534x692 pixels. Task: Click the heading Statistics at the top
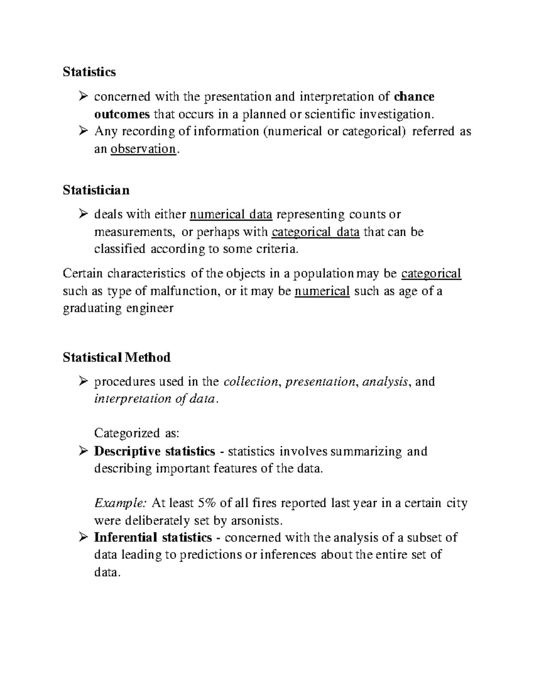click(x=89, y=72)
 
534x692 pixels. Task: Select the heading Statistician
click(x=96, y=190)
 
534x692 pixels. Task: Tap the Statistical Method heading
click(x=117, y=357)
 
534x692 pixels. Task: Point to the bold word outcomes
click(x=122, y=114)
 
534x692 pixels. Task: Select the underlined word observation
click(x=143, y=149)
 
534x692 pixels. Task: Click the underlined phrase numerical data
click(x=231, y=215)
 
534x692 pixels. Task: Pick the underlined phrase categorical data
click(x=315, y=232)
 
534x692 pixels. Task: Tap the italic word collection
click(x=251, y=382)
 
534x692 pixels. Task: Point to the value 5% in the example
click(x=207, y=504)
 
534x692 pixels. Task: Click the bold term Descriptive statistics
click(x=154, y=451)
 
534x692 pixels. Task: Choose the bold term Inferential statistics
click(x=153, y=538)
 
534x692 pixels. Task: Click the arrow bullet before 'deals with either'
click(x=82, y=215)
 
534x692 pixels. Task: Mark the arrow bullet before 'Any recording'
click(x=82, y=131)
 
